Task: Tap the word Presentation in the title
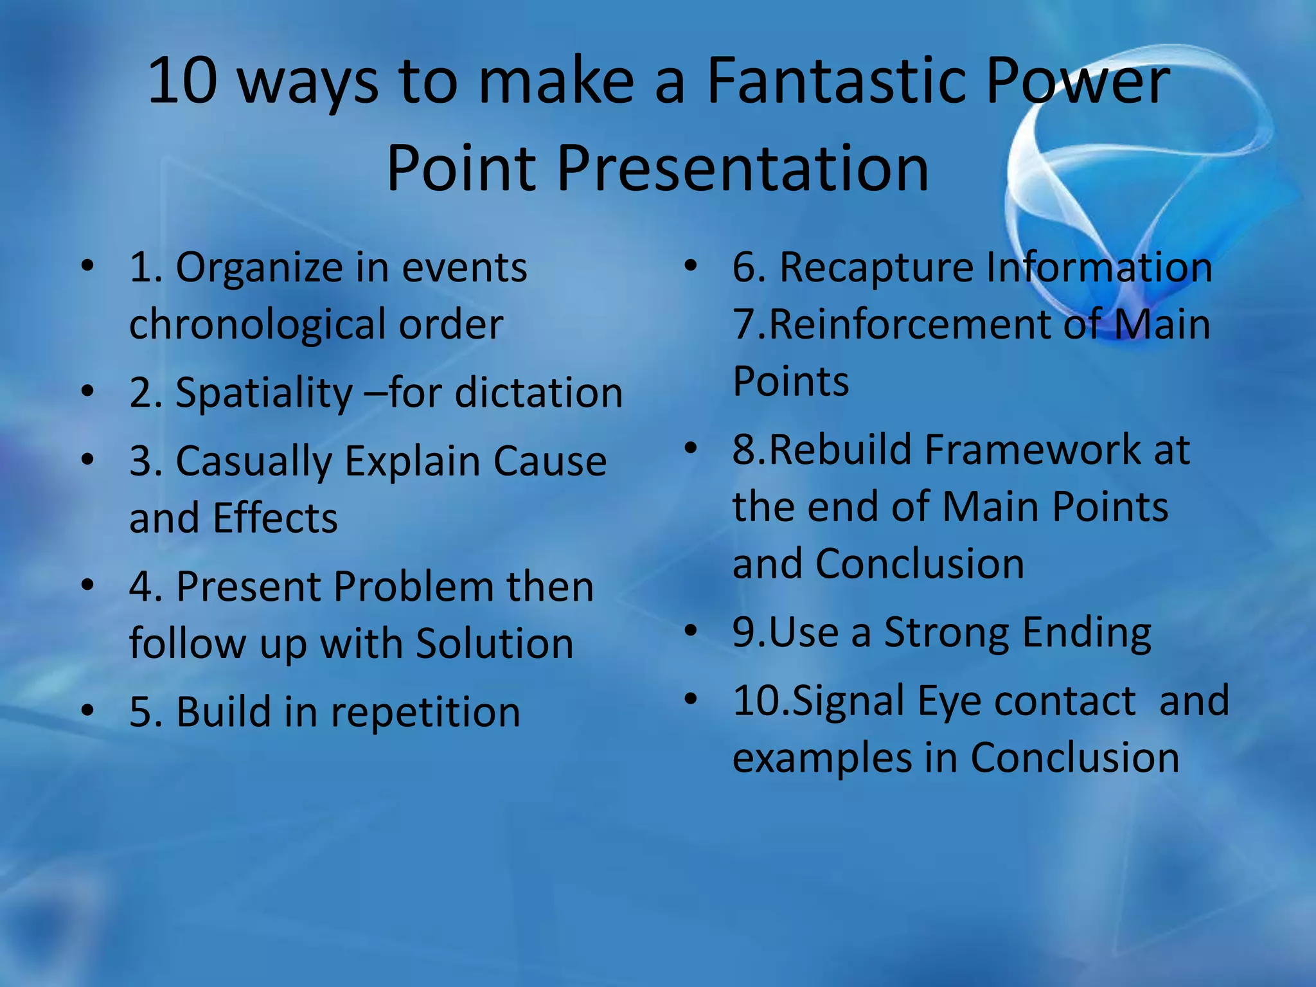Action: (742, 168)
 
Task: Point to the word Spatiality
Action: (263, 394)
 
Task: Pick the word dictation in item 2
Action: (538, 393)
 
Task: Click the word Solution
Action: (494, 644)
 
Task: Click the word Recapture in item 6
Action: (876, 268)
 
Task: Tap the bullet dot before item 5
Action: (88, 710)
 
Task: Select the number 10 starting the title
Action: (182, 82)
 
